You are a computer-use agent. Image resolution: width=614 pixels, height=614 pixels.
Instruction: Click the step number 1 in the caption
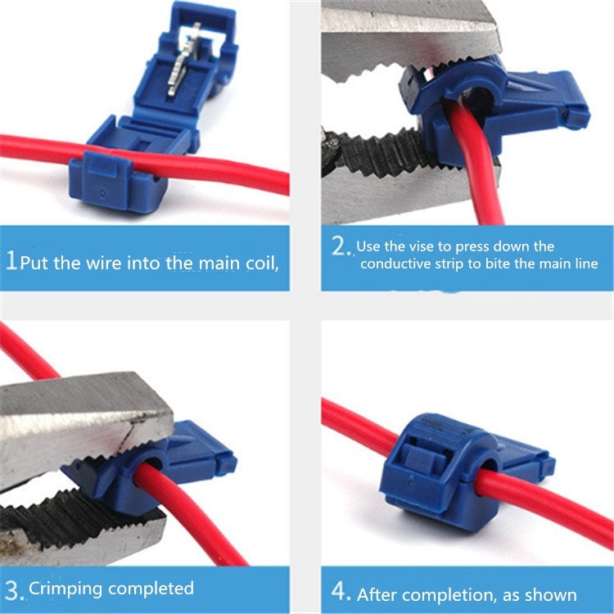[x=11, y=262]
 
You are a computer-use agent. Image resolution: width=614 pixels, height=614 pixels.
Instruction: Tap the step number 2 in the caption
[x=340, y=246]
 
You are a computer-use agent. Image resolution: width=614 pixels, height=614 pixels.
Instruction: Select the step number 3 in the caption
[x=12, y=590]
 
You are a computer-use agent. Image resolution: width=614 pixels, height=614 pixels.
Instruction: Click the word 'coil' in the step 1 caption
[x=258, y=263]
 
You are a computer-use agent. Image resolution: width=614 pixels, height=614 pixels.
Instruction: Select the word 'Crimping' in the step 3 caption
[x=65, y=589]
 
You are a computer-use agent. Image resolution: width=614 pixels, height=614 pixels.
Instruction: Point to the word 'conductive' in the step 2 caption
[x=395, y=264]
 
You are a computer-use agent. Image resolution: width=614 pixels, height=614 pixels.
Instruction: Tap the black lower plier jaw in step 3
[x=74, y=524]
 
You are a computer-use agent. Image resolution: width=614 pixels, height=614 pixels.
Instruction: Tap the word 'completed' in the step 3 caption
[x=151, y=589]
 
